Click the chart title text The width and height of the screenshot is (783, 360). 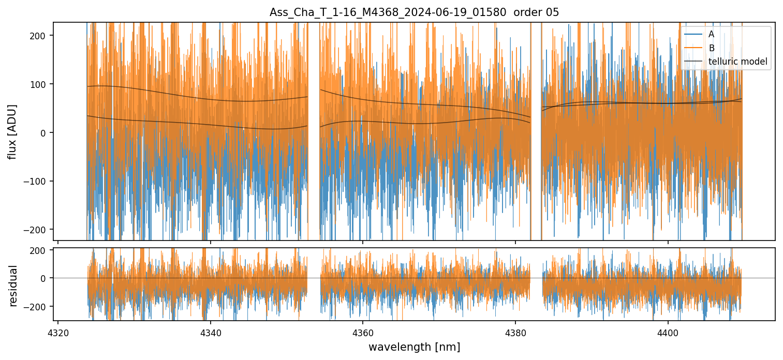(x=414, y=12)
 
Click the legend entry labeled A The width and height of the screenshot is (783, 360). (x=711, y=34)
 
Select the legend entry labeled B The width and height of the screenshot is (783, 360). (x=711, y=48)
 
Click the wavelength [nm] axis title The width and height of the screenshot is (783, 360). (x=414, y=347)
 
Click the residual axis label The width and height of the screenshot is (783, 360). (x=13, y=285)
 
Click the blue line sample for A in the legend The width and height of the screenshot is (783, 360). (x=693, y=34)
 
